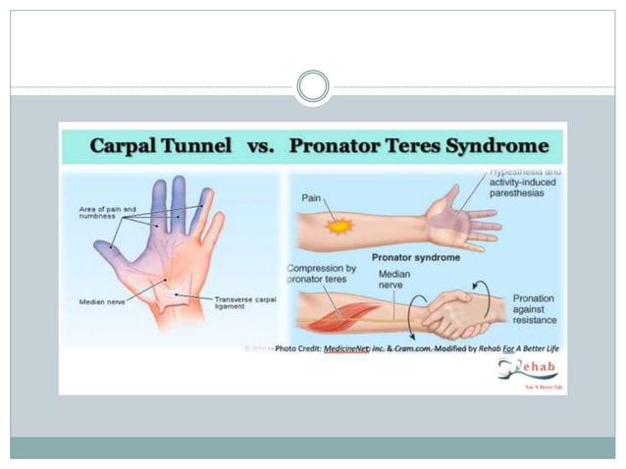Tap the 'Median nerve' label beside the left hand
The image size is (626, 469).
[x=103, y=302]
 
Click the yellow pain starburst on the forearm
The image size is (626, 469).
[x=339, y=227]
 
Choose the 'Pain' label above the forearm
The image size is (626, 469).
[x=312, y=197]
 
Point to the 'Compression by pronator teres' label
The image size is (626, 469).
[x=322, y=274]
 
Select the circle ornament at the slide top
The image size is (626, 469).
[x=313, y=86]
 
